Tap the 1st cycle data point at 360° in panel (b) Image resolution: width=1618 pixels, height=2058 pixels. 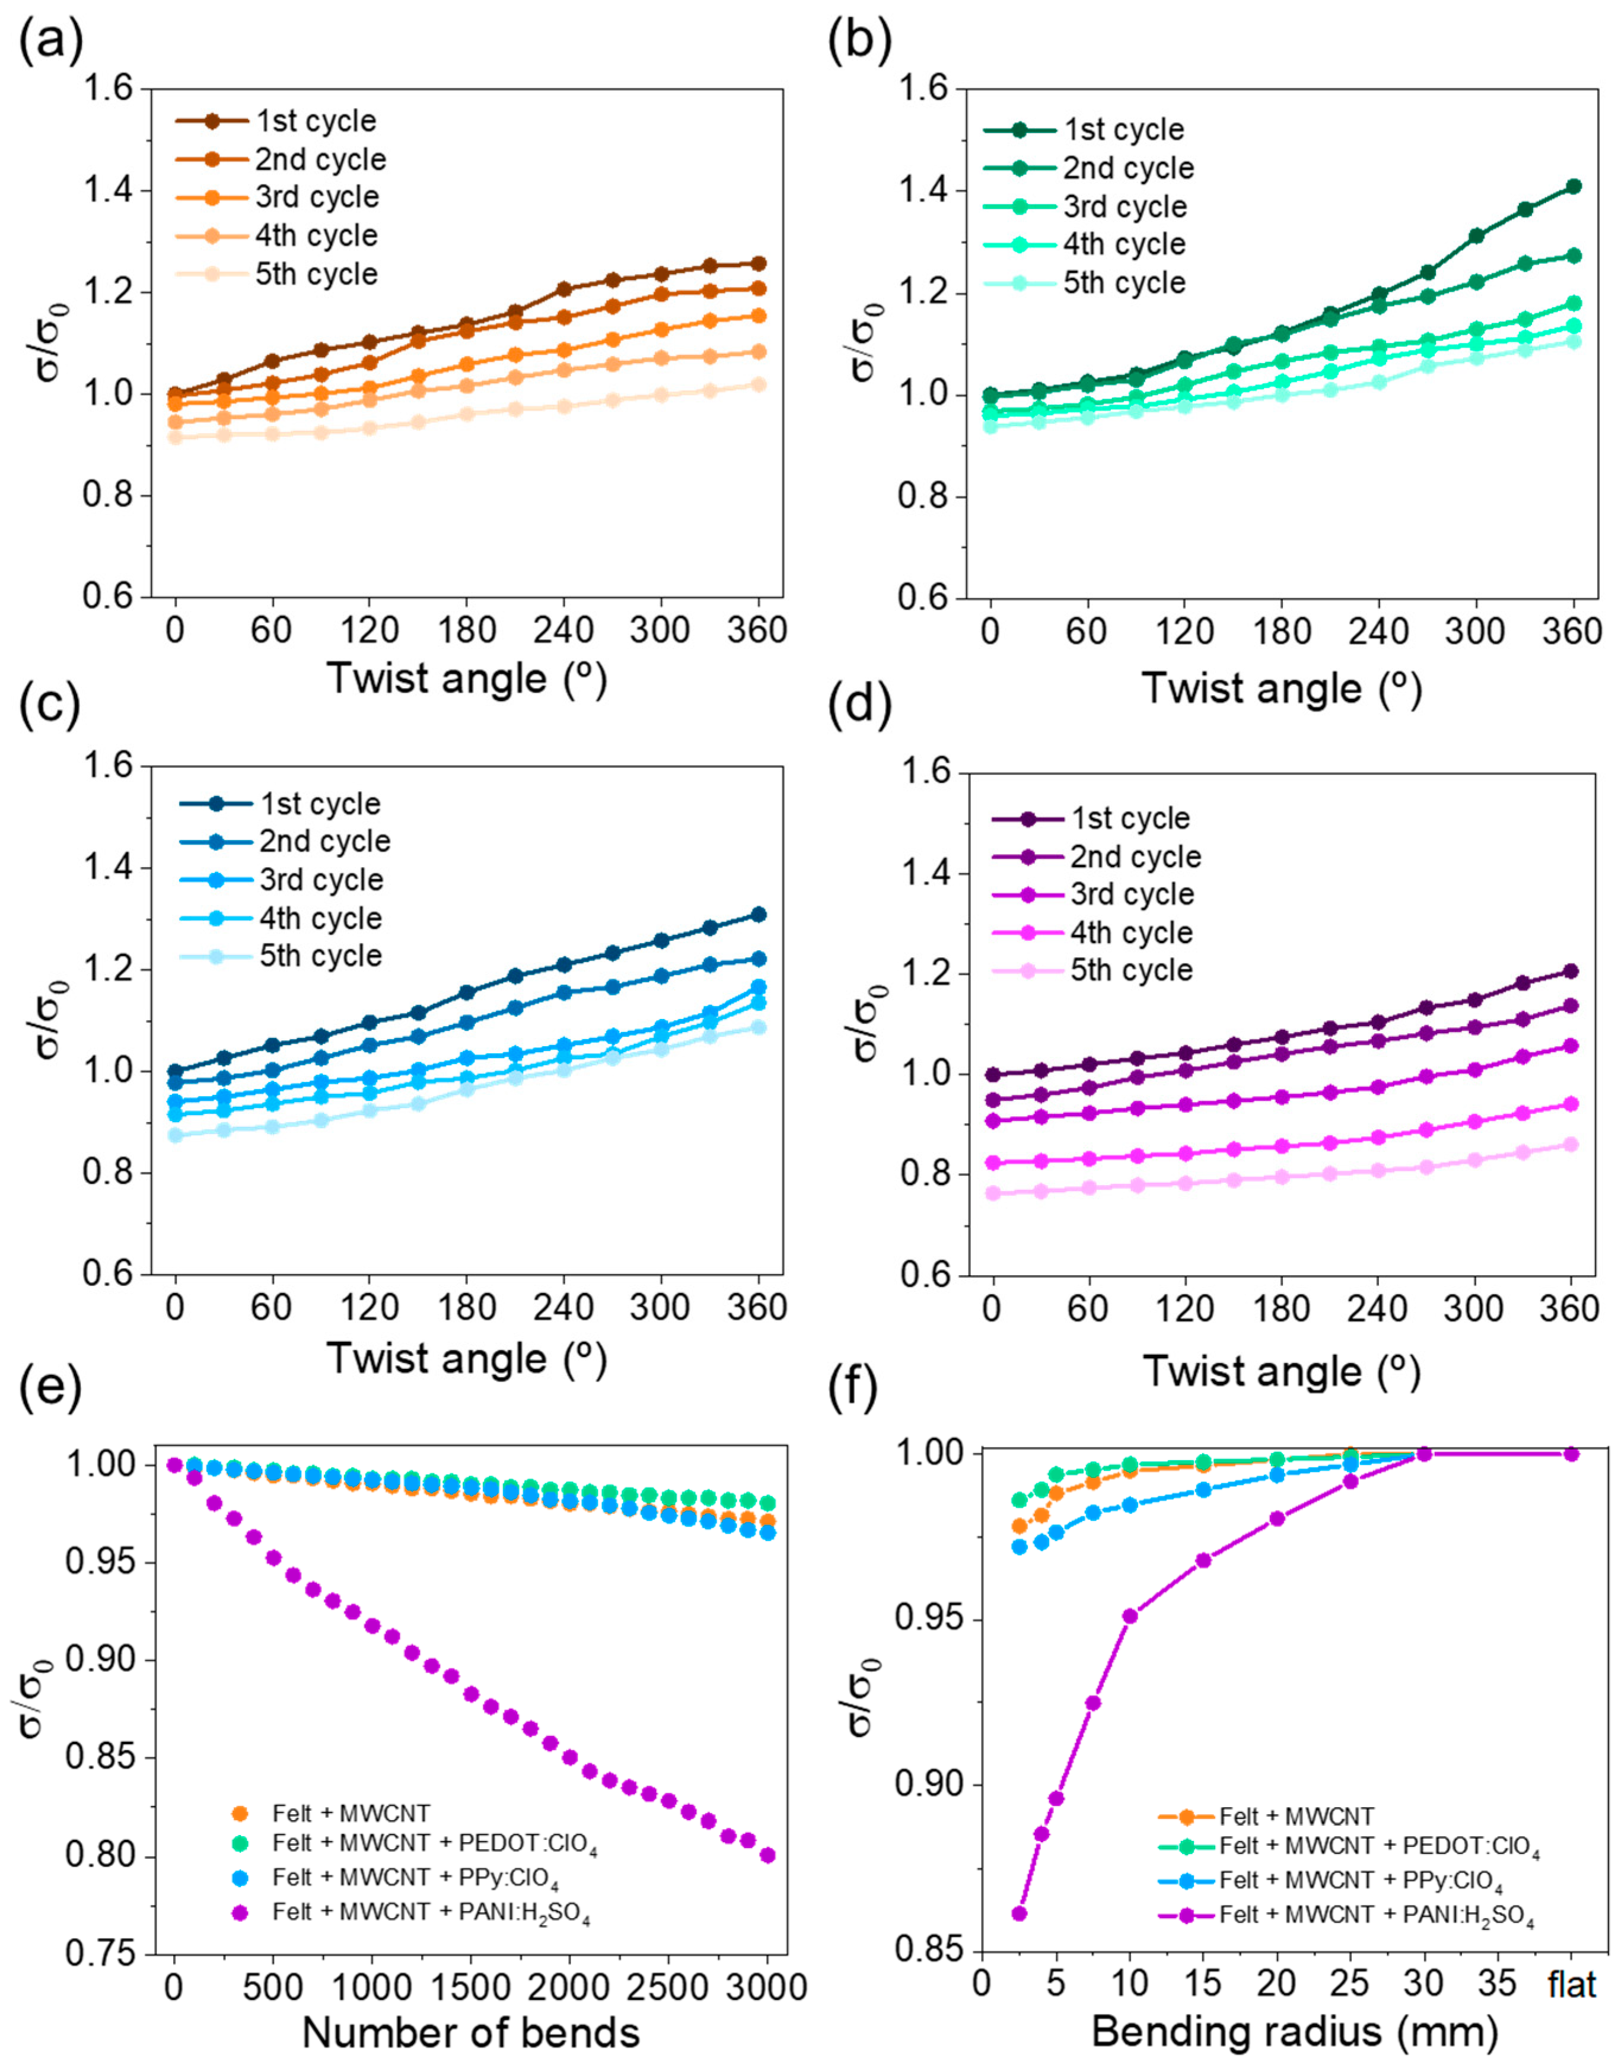click(1574, 187)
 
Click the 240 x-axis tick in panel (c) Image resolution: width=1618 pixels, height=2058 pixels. click(563, 1308)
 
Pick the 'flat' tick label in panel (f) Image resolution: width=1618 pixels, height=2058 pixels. click(1572, 1983)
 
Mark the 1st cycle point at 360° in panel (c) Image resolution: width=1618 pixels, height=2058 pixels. click(758, 914)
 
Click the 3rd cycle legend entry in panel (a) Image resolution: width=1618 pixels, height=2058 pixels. click(316, 197)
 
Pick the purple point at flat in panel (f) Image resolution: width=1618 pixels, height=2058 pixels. click(1572, 1454)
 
